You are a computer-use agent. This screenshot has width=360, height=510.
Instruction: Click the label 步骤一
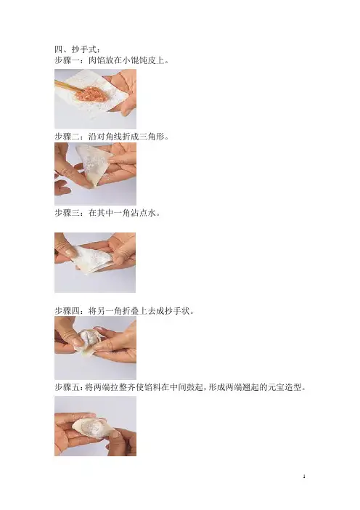[x=67, y=60]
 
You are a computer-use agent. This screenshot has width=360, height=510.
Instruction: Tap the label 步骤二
[x=67, y=137]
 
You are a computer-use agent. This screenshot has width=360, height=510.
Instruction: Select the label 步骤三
[x=67, y=213]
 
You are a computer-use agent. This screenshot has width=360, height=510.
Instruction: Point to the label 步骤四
[x=67, y=311]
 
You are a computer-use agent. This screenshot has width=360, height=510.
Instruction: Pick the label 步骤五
[x=67, y=387]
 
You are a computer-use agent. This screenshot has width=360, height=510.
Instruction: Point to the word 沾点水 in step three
[x=143, y=213]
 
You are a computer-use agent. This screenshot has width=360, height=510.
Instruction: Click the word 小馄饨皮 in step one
[x=139, y=60]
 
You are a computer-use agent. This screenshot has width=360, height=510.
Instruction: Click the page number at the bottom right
[x=304, y=477]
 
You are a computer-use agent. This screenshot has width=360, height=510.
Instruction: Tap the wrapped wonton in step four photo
[x=87, y=340]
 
